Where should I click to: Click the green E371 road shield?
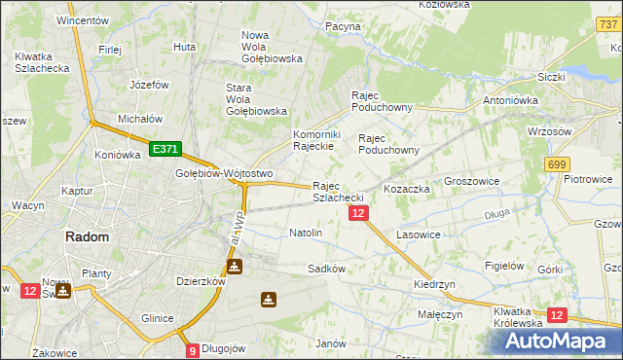click(165, 149)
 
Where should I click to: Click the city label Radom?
click(87, 236)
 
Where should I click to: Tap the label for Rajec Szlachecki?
click(338, 192)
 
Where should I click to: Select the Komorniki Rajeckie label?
click(313, 140)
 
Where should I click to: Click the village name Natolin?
click(306, 234)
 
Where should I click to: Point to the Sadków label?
click(326, 268)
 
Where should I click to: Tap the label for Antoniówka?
click(511, 99)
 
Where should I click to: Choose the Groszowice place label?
click(471, 181)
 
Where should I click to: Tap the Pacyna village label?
click(344, 26)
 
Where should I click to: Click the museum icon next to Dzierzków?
click(235, 266)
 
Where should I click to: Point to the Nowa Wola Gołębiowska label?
click(272, 47)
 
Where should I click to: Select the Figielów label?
click(505, 266)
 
